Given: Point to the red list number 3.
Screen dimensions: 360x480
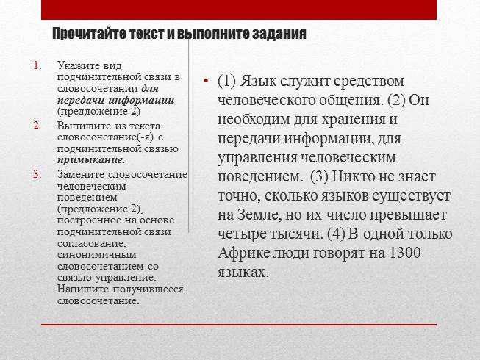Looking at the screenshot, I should [38, 173].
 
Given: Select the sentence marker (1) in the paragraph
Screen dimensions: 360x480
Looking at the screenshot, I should [228, 81].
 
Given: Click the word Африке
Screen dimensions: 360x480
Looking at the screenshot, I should [243, 253].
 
